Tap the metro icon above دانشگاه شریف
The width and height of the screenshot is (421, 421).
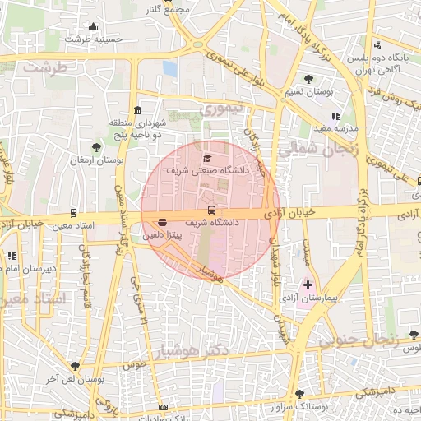[x=211, y=210]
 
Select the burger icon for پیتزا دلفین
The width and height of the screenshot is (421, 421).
[x=162, y=222]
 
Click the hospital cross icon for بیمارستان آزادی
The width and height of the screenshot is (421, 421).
[x=308, y=285]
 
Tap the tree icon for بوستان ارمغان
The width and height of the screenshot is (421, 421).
[x=97, y=147]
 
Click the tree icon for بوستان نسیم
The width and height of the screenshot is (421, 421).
[x=308, y=79]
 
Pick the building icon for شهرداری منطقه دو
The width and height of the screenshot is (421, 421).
[x=136, y=110]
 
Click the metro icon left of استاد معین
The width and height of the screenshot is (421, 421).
[x=74, y=211]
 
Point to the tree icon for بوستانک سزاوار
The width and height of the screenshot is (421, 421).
[x=299, y=394]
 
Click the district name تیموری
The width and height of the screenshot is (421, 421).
[x=223, y=108]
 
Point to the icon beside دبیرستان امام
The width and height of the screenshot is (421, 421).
[x=12, y=257]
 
